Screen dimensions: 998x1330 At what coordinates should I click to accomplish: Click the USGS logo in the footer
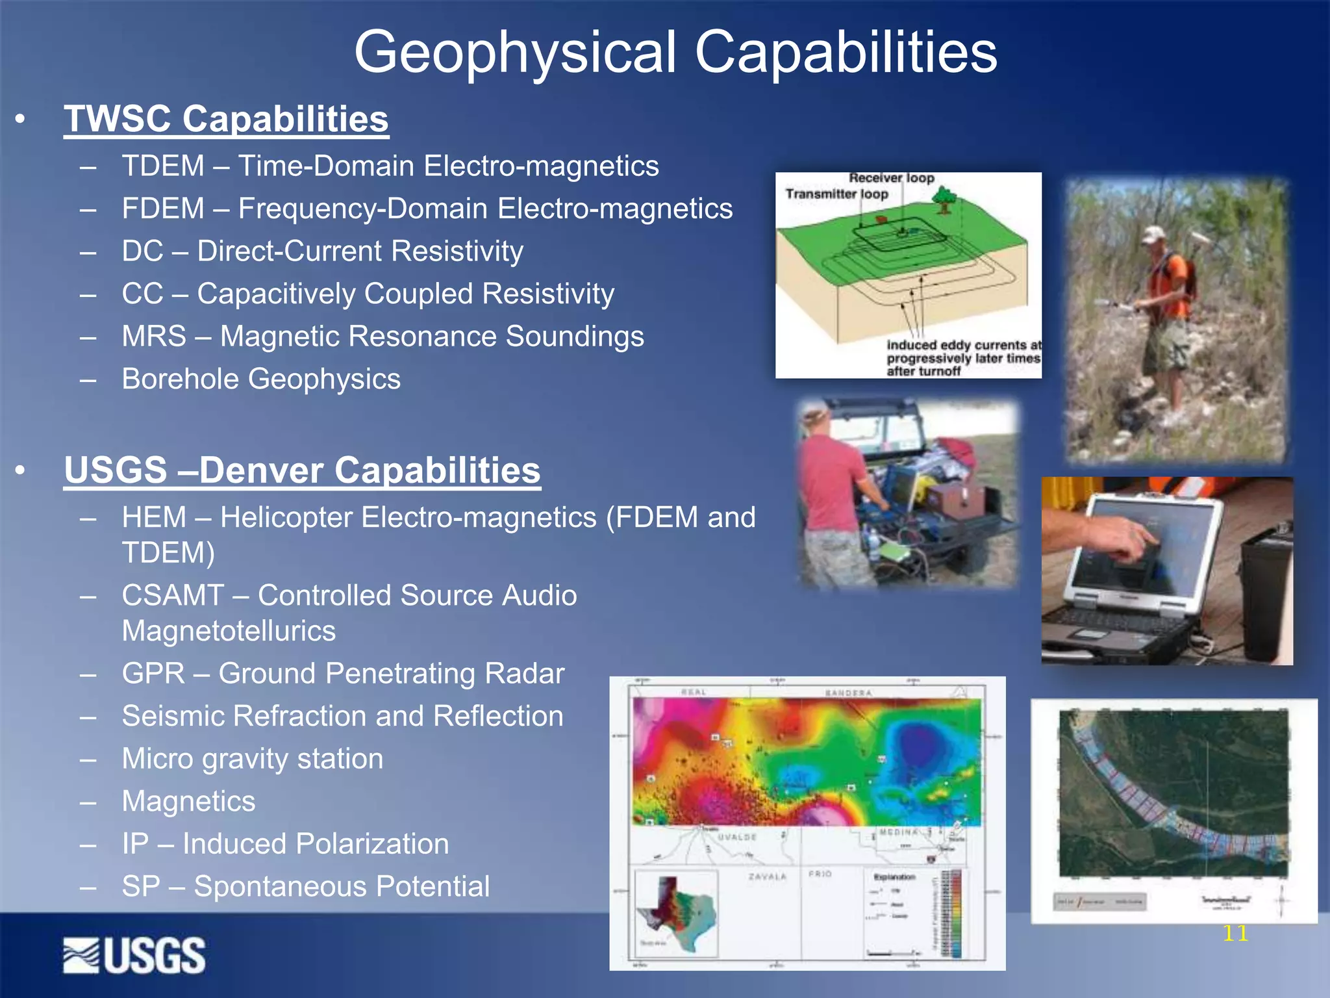click(134, 955)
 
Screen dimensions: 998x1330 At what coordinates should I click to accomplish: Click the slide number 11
click(1235, 934)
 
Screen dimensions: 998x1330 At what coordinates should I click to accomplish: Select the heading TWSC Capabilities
click(226, 119)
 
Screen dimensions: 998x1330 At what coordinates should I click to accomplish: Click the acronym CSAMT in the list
click(173, 595)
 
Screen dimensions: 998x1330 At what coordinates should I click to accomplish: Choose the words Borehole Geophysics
click(261, 379)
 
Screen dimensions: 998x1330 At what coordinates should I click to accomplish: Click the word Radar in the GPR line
click(525, 673)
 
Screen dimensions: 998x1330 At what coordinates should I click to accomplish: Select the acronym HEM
click(154, 517)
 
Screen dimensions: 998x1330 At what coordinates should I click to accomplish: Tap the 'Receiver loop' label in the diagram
click(891, 178)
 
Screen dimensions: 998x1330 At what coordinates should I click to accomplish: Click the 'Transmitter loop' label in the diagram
click(836, 194)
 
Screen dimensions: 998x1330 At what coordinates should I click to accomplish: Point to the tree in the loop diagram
click(945, 199)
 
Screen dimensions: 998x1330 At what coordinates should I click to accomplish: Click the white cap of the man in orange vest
click(1153, 234)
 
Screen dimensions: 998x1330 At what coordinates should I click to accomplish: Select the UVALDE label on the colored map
click(736, 837)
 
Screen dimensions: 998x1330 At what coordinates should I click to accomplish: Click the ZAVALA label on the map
click(767, 876)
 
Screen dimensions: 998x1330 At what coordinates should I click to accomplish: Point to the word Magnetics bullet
click(188, 801)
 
